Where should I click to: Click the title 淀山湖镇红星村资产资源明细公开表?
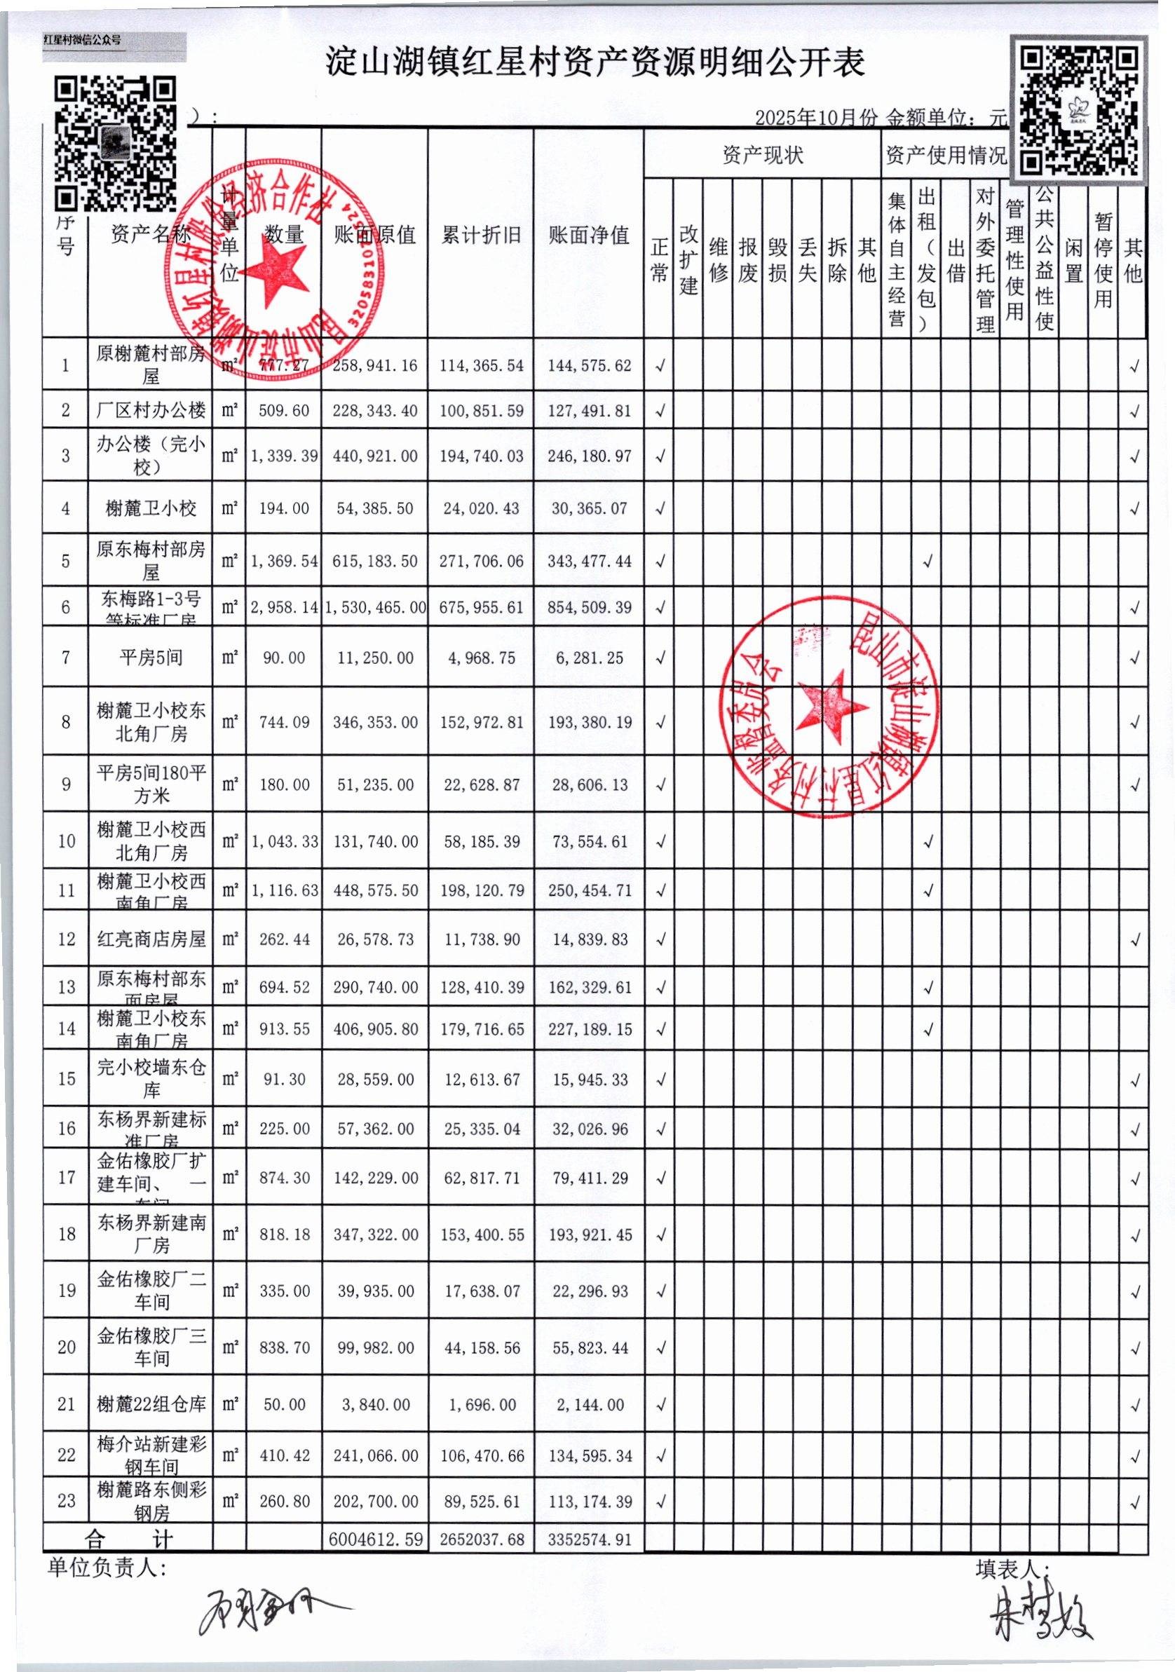coord(595,63)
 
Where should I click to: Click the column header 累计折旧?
coord(481,234)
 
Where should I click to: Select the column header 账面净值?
coord(589,234)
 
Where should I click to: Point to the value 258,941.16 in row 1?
coord(375,365)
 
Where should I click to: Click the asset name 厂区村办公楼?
coord(151,411)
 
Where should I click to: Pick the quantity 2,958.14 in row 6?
coord(284,607)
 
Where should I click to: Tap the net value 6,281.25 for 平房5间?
coord(589,658)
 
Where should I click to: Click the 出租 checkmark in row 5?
coord(928,562)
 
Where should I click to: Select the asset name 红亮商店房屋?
coord(151,939)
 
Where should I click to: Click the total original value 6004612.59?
coord(375,1540)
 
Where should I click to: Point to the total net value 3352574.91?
coord(589,1540)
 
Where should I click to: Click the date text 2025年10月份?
coord(815,118)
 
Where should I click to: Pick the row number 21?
coord(67,1404)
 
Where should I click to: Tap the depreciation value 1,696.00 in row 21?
coord(481,1405)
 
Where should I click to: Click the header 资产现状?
coord(762,154)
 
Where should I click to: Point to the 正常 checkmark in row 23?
coord(660,1502)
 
